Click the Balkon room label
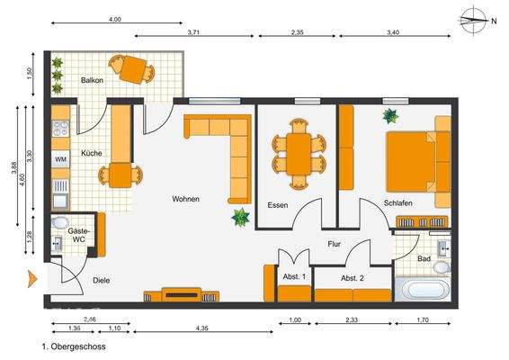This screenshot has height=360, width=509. click(93, 81)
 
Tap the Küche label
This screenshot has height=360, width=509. click(90, 153)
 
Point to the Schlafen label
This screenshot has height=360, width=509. click(397, 203)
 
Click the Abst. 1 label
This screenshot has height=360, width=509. click(294, 276)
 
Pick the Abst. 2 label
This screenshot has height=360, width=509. click(353, 278)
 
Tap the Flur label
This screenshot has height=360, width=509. click(334, 243)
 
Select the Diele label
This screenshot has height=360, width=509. click(101, 280)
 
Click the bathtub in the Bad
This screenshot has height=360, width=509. click(425, 289)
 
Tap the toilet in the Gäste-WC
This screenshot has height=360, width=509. click(60, 223)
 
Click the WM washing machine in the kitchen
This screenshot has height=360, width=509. click(60, 159)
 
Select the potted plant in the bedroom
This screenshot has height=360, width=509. click(391, 115)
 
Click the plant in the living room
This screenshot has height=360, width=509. click(241, 217)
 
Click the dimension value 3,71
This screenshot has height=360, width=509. click(192, 31)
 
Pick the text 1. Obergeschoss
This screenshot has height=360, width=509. click(74, 346)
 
